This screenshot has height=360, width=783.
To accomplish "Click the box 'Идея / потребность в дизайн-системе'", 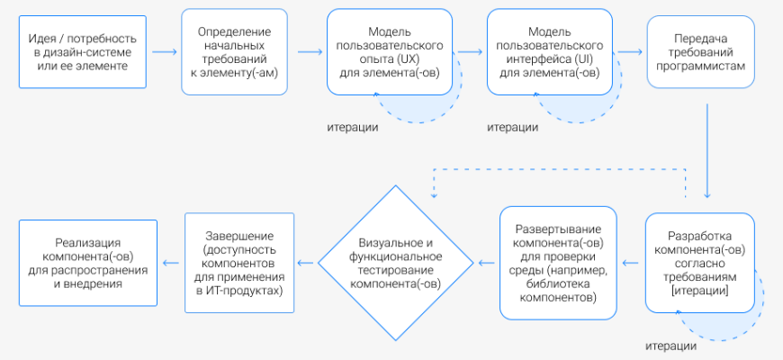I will click(x=82, y=52).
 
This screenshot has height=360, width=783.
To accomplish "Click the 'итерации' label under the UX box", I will click(x=352, y=127).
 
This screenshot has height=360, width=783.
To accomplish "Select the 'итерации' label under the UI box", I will click(x=513, y=127).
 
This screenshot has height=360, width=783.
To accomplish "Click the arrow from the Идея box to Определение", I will click(x=164, y=52).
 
